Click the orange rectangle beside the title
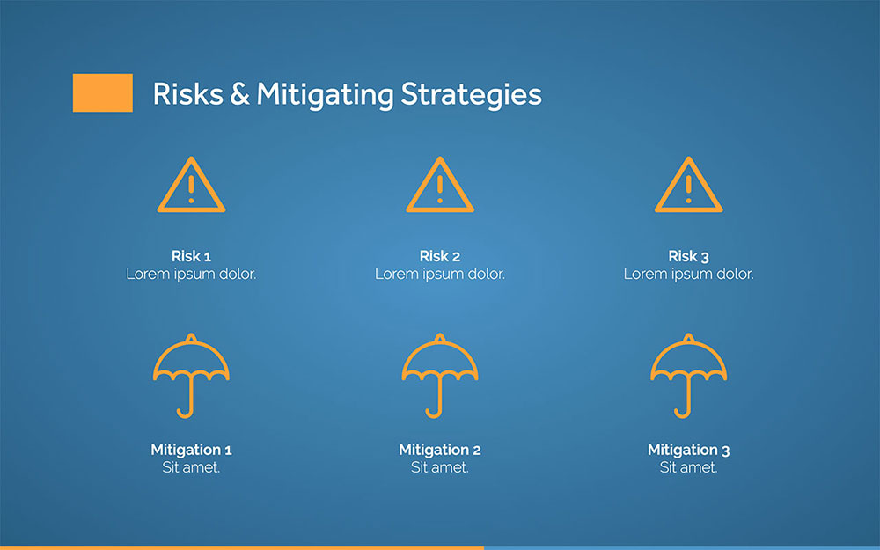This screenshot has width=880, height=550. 103,92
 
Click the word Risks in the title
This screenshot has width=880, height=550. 188,94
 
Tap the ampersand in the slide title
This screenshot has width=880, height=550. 239,94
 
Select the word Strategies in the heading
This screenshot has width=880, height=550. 472,95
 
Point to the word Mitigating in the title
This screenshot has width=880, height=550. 326,95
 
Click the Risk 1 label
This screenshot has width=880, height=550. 191,256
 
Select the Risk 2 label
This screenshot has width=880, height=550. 440,256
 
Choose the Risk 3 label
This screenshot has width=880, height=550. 689,256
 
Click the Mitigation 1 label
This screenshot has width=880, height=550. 191,450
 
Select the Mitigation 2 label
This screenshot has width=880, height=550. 440,450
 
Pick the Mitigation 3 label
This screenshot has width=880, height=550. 689,450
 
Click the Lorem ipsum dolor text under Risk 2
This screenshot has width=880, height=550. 440,274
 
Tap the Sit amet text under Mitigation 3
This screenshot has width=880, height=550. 689,467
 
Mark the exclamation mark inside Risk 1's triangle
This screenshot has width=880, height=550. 191,189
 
